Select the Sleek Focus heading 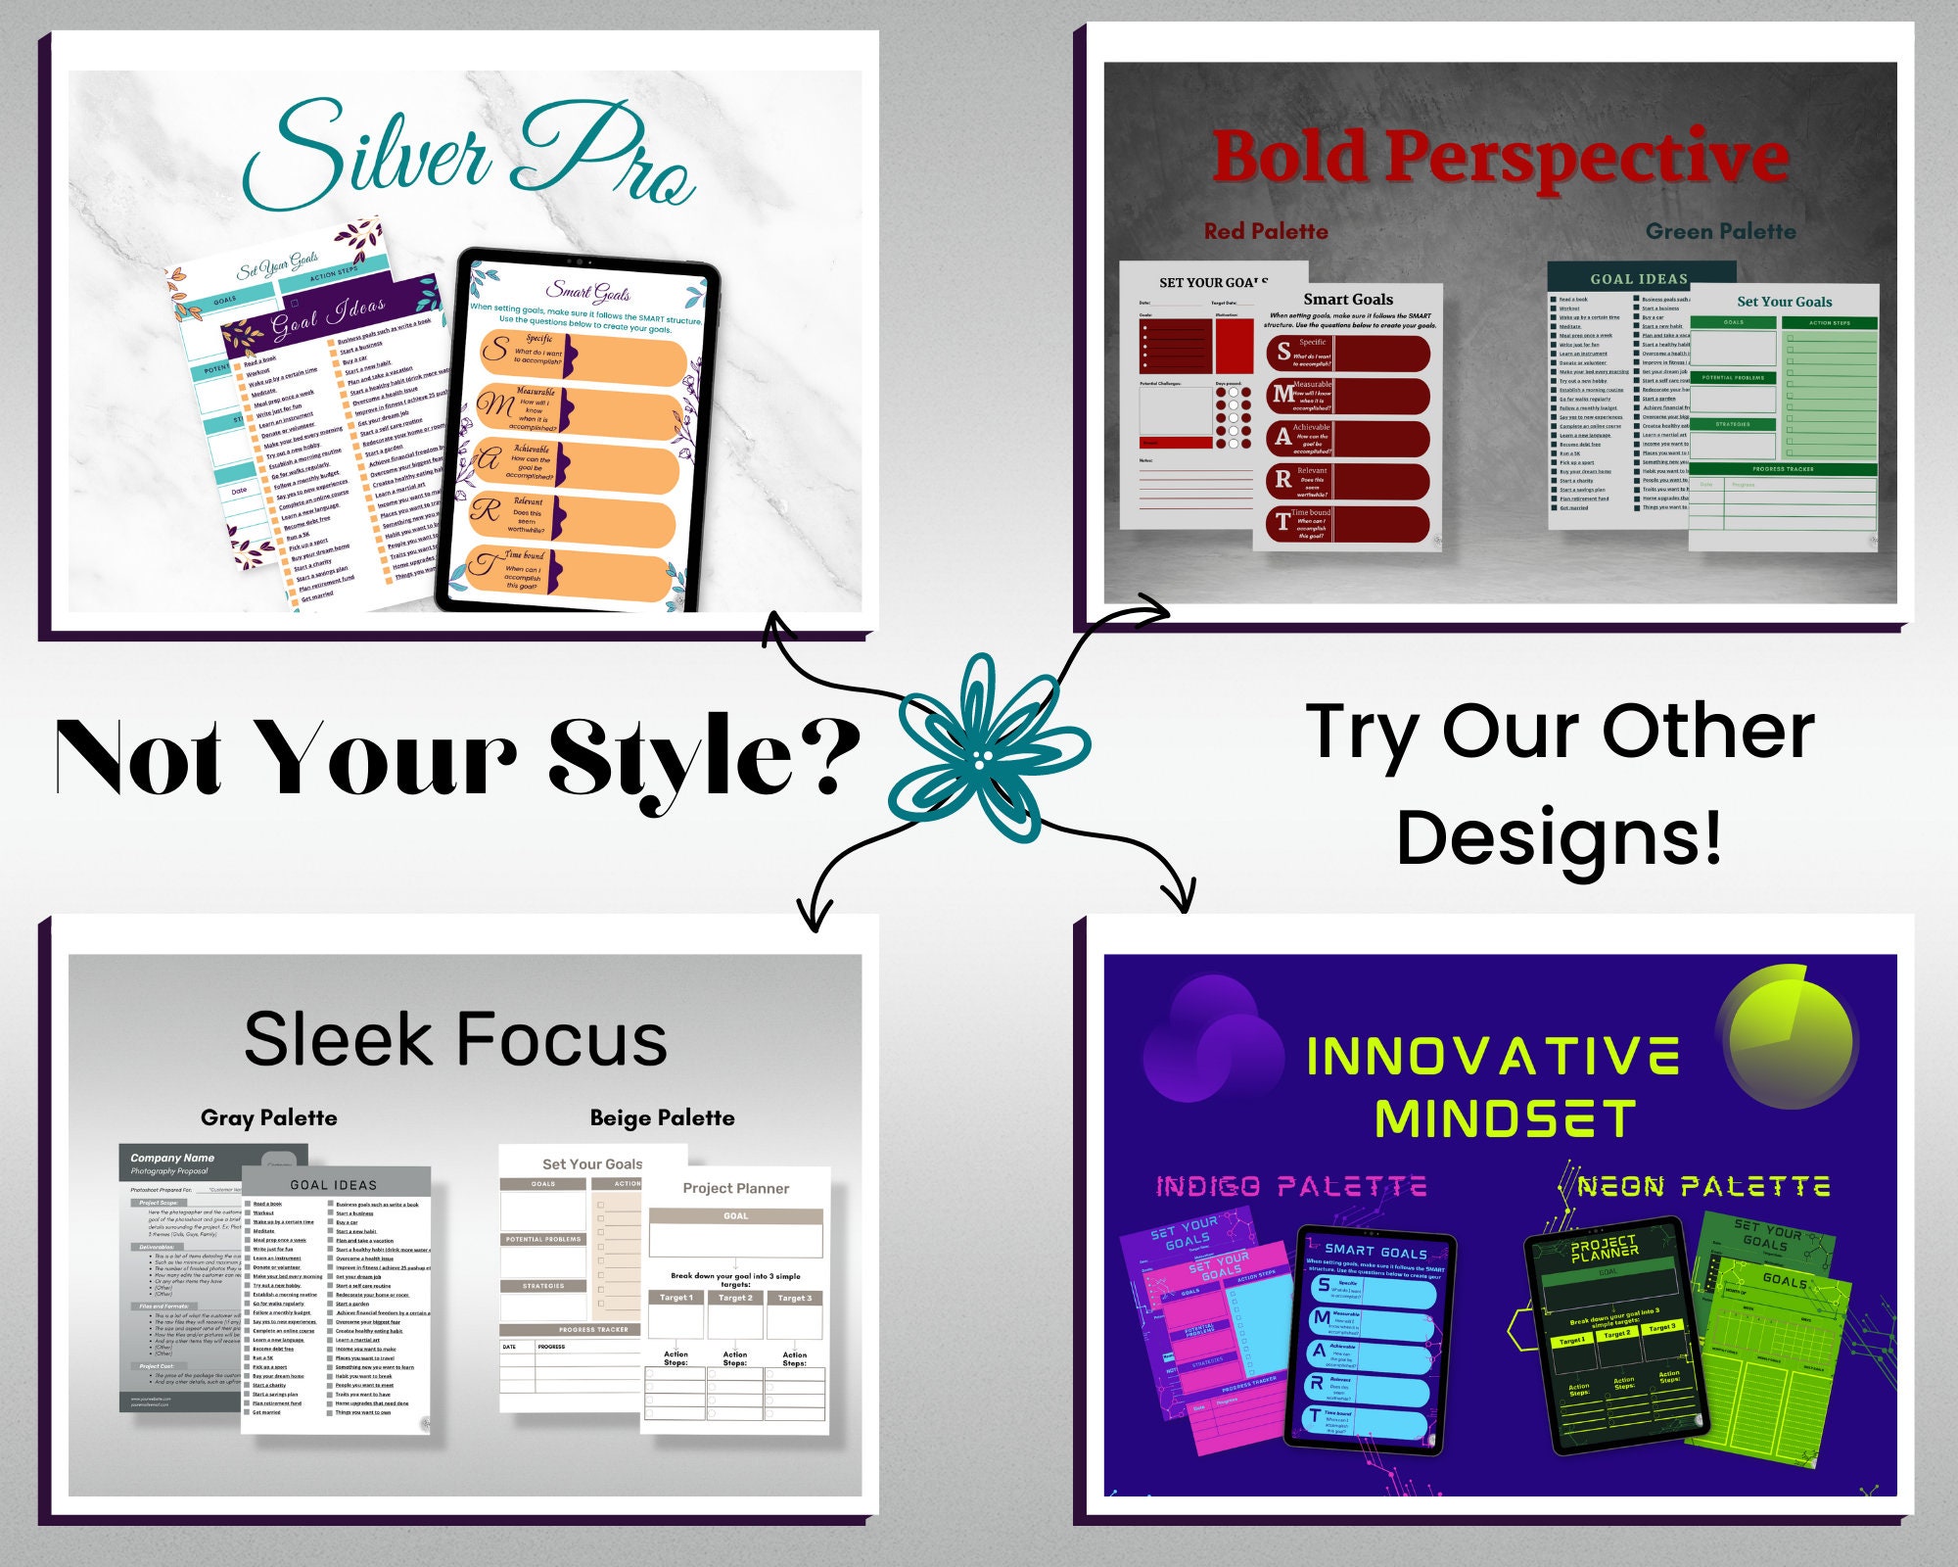pos(455,1040)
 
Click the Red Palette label pos(1266,232)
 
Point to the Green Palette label pos(1720,232)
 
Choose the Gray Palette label pos(268,1118)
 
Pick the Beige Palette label pos(662,1118)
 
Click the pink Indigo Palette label pos(1290,1187)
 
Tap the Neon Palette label pos(1703,1187)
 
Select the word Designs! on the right pos(1559,837)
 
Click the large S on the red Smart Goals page pos(1283,352)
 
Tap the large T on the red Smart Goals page pos(1282,522)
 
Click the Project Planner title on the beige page pos(735,1188)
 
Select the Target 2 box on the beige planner pos(735,1299)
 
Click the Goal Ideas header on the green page pos(1639,279)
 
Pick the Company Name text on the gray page pos(172,1158)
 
